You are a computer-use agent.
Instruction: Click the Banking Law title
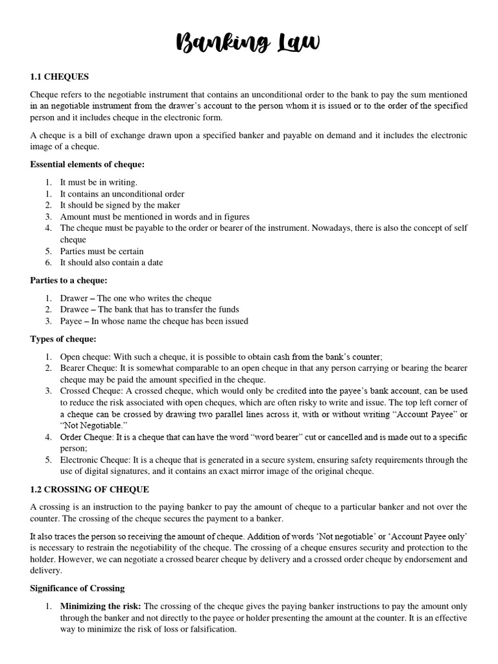tap(249, 44)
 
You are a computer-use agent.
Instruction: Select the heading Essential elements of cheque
tap(87, 165)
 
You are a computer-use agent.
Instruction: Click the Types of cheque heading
tap(63, 339)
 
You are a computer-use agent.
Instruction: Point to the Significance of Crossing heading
tap(77, 588)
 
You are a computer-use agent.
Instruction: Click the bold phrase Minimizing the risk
tap(100, 606)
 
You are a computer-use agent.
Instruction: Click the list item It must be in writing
tap(99, 183)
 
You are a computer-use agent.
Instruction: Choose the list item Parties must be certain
tap(102, 251)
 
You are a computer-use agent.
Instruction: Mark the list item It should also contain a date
tap(112, 263)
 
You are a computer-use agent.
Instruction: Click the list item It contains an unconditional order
tap(122, 194)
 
